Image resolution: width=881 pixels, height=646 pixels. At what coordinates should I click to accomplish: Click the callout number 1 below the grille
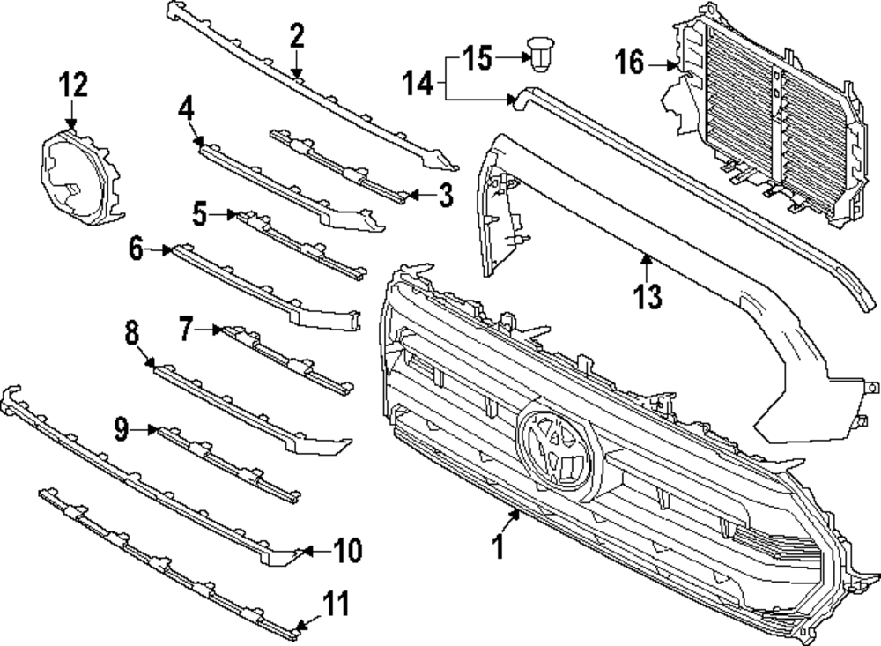click(498, 546)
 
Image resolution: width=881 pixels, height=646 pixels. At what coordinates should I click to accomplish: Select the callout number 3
click(446, 195)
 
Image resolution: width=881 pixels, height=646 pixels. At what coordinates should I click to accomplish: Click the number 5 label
click(200, 213)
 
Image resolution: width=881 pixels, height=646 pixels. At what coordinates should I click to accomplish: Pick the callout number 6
click(137, 249)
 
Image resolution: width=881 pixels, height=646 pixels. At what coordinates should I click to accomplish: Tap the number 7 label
click(185, 330)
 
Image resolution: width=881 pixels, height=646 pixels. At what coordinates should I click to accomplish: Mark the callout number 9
click(122, 429)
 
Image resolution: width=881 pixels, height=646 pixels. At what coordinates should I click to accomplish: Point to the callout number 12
click(74, 85)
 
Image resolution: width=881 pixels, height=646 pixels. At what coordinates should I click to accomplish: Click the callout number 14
click(419, 84)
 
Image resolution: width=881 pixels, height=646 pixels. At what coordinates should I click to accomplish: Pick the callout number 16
click(630, 63)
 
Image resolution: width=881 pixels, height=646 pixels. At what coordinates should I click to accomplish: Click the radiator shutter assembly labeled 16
click(766, 115)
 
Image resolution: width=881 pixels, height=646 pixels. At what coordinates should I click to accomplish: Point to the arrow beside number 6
click(161, 250)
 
